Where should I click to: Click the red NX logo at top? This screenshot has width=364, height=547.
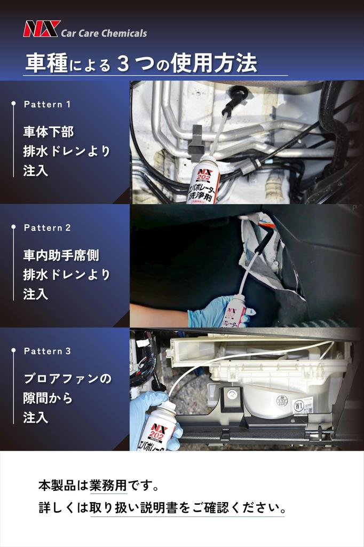coord(42,29)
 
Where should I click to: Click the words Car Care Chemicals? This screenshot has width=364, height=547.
coord(104,34)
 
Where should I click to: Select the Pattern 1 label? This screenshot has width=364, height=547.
coord(47,104)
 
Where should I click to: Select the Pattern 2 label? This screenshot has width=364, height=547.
coord(47,228)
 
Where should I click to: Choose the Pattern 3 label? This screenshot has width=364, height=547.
coord(47,351)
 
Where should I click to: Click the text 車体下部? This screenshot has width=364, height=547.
coord(49,132)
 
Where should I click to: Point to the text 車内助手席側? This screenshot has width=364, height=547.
coord(61,255)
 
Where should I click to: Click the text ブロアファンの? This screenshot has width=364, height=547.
coord(67,379)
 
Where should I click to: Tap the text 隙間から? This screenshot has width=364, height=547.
coord(48,397)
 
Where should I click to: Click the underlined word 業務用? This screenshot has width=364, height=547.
coord(108,485)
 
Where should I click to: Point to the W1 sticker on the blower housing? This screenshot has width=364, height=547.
coord(299,406)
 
